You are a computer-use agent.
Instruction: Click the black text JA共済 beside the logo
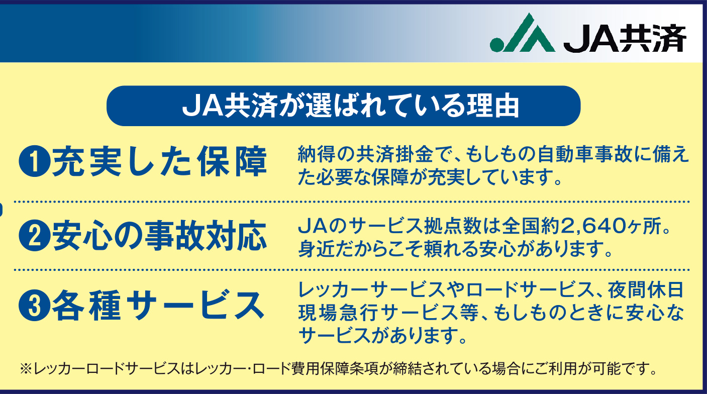(x=625, y=38)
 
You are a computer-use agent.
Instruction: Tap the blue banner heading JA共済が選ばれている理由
(x=351, y=106)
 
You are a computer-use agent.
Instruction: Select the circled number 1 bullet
(x=35, y=161)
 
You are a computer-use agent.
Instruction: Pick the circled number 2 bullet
(x=35, y=236)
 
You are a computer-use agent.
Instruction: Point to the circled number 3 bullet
(x=35, y=305)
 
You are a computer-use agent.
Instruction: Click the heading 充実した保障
(x=160, y=161)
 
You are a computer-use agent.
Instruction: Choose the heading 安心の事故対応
(x=160, y=236)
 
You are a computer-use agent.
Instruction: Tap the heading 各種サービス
(x=158, y=305)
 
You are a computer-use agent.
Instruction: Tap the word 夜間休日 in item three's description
(x=645, y=290)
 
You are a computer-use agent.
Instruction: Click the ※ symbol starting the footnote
(x=26, y=368)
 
